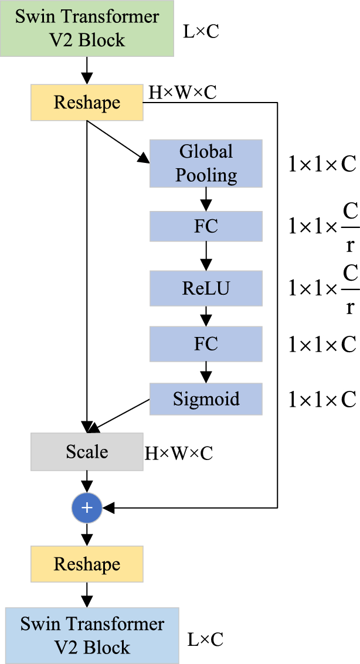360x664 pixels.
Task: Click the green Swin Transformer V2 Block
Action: pyautogui.click(x=87, y=28)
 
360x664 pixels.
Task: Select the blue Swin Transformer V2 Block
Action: pyautogui.click(x=92, y=635)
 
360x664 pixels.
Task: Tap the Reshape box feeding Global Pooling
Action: pyautogui.click(x=87, y=103)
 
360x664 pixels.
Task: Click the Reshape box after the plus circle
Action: pyautogui.click(x=87, y=564)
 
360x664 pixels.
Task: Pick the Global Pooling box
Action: pyautogui.click(x=206, y=164)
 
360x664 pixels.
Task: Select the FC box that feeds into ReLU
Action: pyautogui.click(x=206, y=227)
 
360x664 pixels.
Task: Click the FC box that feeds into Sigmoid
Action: pyautogui.click(x=206, y=343)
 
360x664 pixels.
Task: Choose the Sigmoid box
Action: pyautogui.click(x=206, y=399)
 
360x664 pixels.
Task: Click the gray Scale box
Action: pyautogui.click(x=87, y=452)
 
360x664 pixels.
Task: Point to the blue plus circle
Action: pyautogui.click(x=87, y=508)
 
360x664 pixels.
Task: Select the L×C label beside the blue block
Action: pyautogui.click(x=205, y=639)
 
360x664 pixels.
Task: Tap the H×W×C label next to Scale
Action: pyautogui.click(x=179, y=452)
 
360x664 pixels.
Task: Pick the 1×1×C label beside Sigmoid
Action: pyautogui.click(x=322, y=400)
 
